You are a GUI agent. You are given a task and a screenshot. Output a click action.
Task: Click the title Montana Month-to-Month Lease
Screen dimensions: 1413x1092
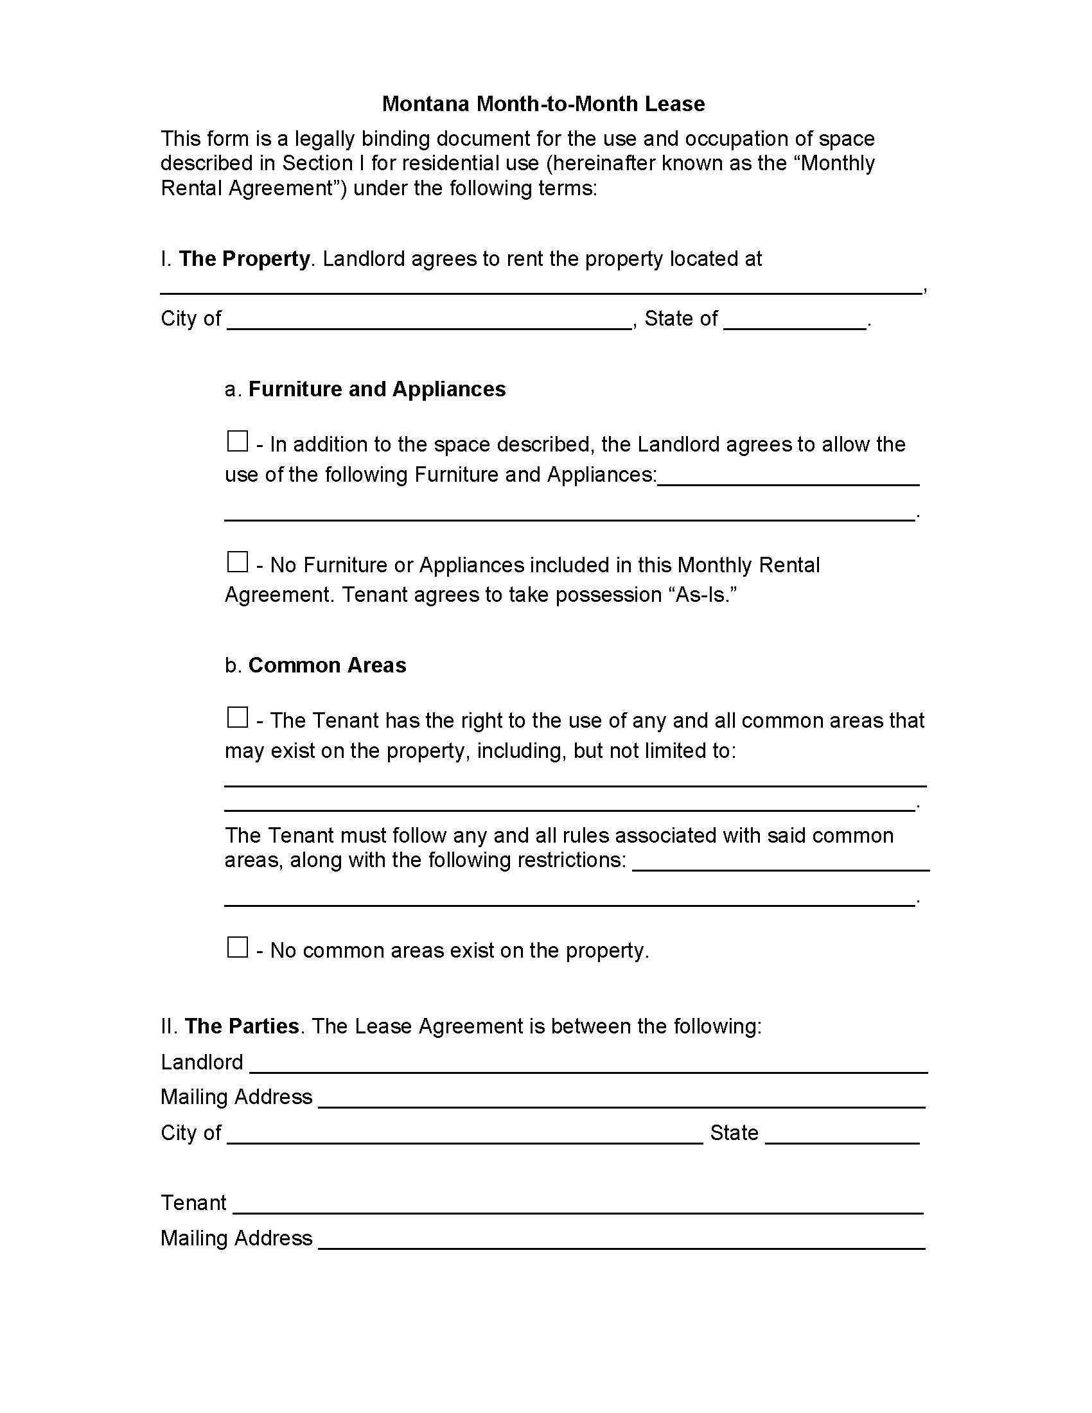point(543,104)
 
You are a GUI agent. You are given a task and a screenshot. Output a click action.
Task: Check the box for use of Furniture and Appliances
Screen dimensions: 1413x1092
point(238,442)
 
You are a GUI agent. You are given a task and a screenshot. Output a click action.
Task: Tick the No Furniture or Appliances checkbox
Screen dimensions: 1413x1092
point(238,562)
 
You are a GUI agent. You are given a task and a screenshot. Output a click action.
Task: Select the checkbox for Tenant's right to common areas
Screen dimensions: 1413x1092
point(238,717)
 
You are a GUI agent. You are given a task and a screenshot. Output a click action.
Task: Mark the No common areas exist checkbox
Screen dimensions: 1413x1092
point(238,948)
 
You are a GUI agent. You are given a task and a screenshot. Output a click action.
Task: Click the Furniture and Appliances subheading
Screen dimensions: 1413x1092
point(376,389)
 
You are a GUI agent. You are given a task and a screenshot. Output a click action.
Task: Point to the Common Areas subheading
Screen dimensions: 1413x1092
point(327,665)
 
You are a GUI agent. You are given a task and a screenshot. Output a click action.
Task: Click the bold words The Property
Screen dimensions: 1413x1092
point(245,259)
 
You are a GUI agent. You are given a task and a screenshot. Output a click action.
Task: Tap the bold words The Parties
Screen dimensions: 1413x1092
point(242,1026)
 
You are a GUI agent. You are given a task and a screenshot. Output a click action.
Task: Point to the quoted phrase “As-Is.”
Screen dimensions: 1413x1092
point(705,595)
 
